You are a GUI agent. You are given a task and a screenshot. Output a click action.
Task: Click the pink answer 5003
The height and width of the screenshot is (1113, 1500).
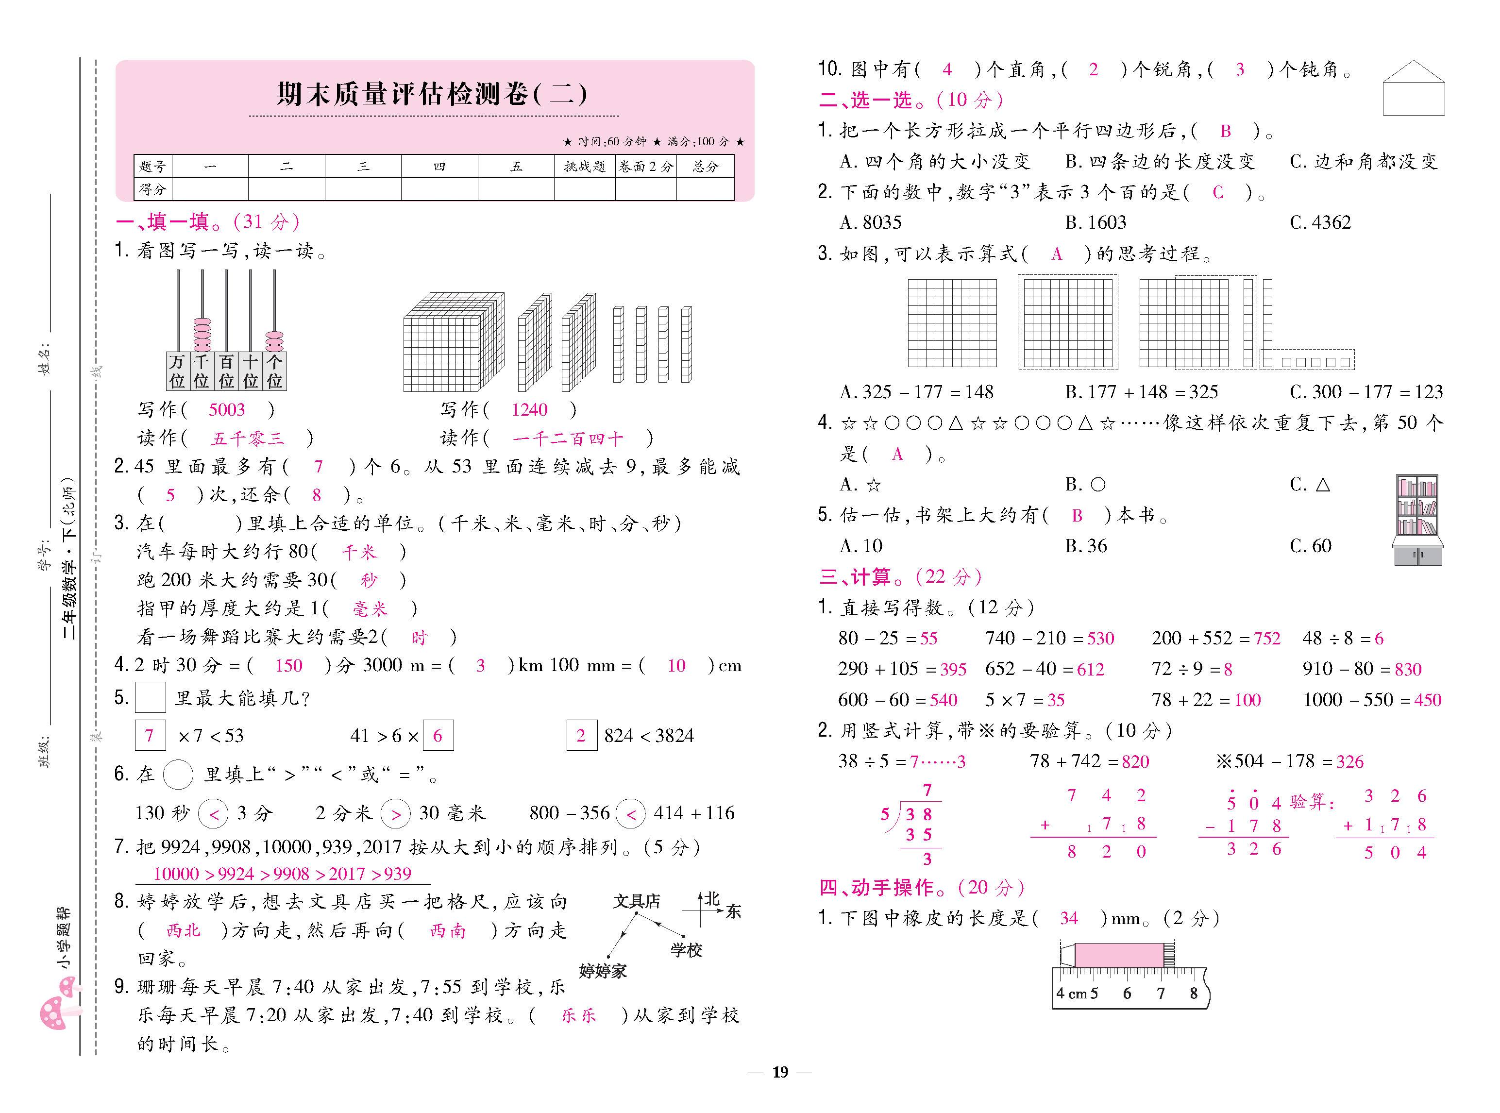(x=226, y=410)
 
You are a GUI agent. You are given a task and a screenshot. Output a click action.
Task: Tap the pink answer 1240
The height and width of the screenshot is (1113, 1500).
(x=529, y=410)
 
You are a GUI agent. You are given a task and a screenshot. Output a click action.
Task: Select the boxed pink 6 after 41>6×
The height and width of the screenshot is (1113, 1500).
(x=438, y=736)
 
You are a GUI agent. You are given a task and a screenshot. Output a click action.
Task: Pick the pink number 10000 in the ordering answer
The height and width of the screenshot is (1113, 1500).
(x=176, y=874)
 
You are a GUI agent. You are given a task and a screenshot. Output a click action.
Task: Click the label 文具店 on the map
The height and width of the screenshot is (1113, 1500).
(x=636, y=901)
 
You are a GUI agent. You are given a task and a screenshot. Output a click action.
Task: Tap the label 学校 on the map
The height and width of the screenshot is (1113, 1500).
(x=686, y=950)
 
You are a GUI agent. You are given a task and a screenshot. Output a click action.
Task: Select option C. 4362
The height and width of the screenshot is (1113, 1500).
(x=1320, y=222)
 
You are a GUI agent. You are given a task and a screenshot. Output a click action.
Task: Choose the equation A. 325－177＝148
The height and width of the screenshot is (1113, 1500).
(x=916, y=391)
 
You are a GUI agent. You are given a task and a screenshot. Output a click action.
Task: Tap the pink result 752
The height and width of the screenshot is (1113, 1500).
(x=1266, y=638)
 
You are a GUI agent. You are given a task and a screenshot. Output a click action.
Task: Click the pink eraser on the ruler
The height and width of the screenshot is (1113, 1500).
(x=1118, y=955)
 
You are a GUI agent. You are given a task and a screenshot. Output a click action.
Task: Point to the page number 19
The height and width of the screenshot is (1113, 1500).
(x=780, y=1072)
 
